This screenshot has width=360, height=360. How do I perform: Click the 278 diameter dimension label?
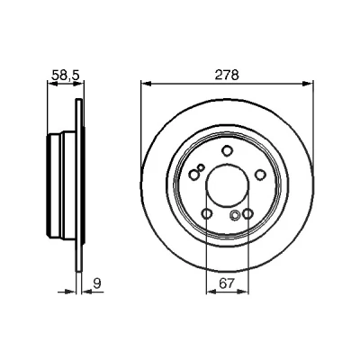[227, 75]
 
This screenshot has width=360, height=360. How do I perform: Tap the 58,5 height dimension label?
[66, 76]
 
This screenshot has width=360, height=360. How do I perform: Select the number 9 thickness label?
[96, 283]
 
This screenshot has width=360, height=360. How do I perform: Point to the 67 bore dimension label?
[227, 283]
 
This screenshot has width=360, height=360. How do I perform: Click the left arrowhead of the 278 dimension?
[146, 84]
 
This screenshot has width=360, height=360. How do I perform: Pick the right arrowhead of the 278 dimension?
[308, 84]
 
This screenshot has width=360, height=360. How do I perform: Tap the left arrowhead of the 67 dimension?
[211, 292]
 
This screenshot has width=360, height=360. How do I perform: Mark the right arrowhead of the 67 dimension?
[243, 292]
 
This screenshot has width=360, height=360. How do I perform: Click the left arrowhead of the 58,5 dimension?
[53, 84]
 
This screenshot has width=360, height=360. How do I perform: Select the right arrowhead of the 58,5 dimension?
[79, 84]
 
